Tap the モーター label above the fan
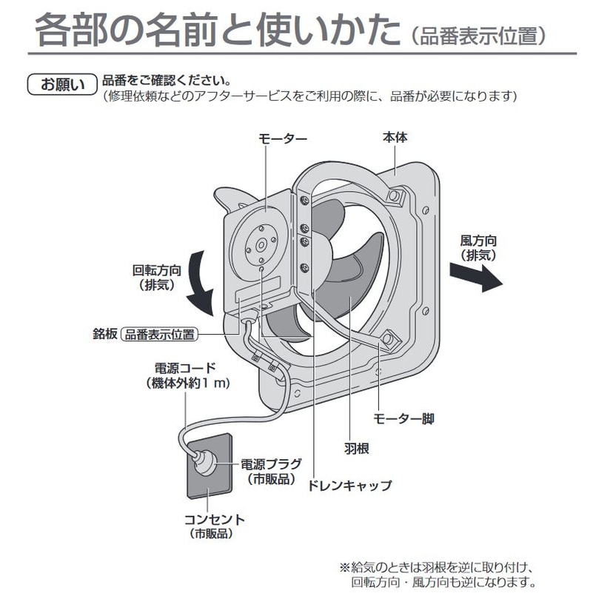(x=282, y=138)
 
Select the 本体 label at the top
(x=395, y=138)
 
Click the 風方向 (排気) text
(x=477, y=247)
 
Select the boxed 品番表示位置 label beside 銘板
(x=160, y=335)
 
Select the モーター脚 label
(x=404, y=419)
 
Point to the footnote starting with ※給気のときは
(x=437, y=574)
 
